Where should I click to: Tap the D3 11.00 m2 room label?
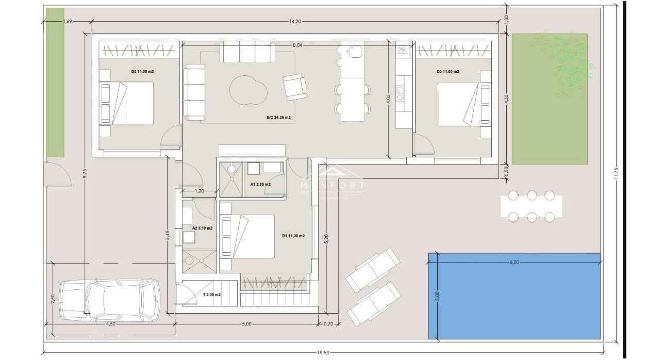(x=447, y=71)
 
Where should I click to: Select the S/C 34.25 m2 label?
(x=278, y=118)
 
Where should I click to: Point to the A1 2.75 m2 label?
(x=260, y=184)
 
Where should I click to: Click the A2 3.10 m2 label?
(x=202, y=227)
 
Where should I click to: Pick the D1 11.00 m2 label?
(x=293, y=236)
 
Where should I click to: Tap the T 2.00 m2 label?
(x=211, y=294)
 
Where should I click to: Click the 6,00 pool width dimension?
(x=514, y=262)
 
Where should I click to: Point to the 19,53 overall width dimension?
(x=323, y=353)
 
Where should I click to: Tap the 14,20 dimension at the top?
(x=295, y=21)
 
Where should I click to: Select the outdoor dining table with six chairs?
(x=531, y=206)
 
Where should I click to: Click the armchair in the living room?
(x=295, y=87)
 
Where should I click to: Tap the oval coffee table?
(x=248, y=90)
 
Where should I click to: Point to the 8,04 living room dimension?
(x=297, y=45)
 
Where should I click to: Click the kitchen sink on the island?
(x=355, y=51)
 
